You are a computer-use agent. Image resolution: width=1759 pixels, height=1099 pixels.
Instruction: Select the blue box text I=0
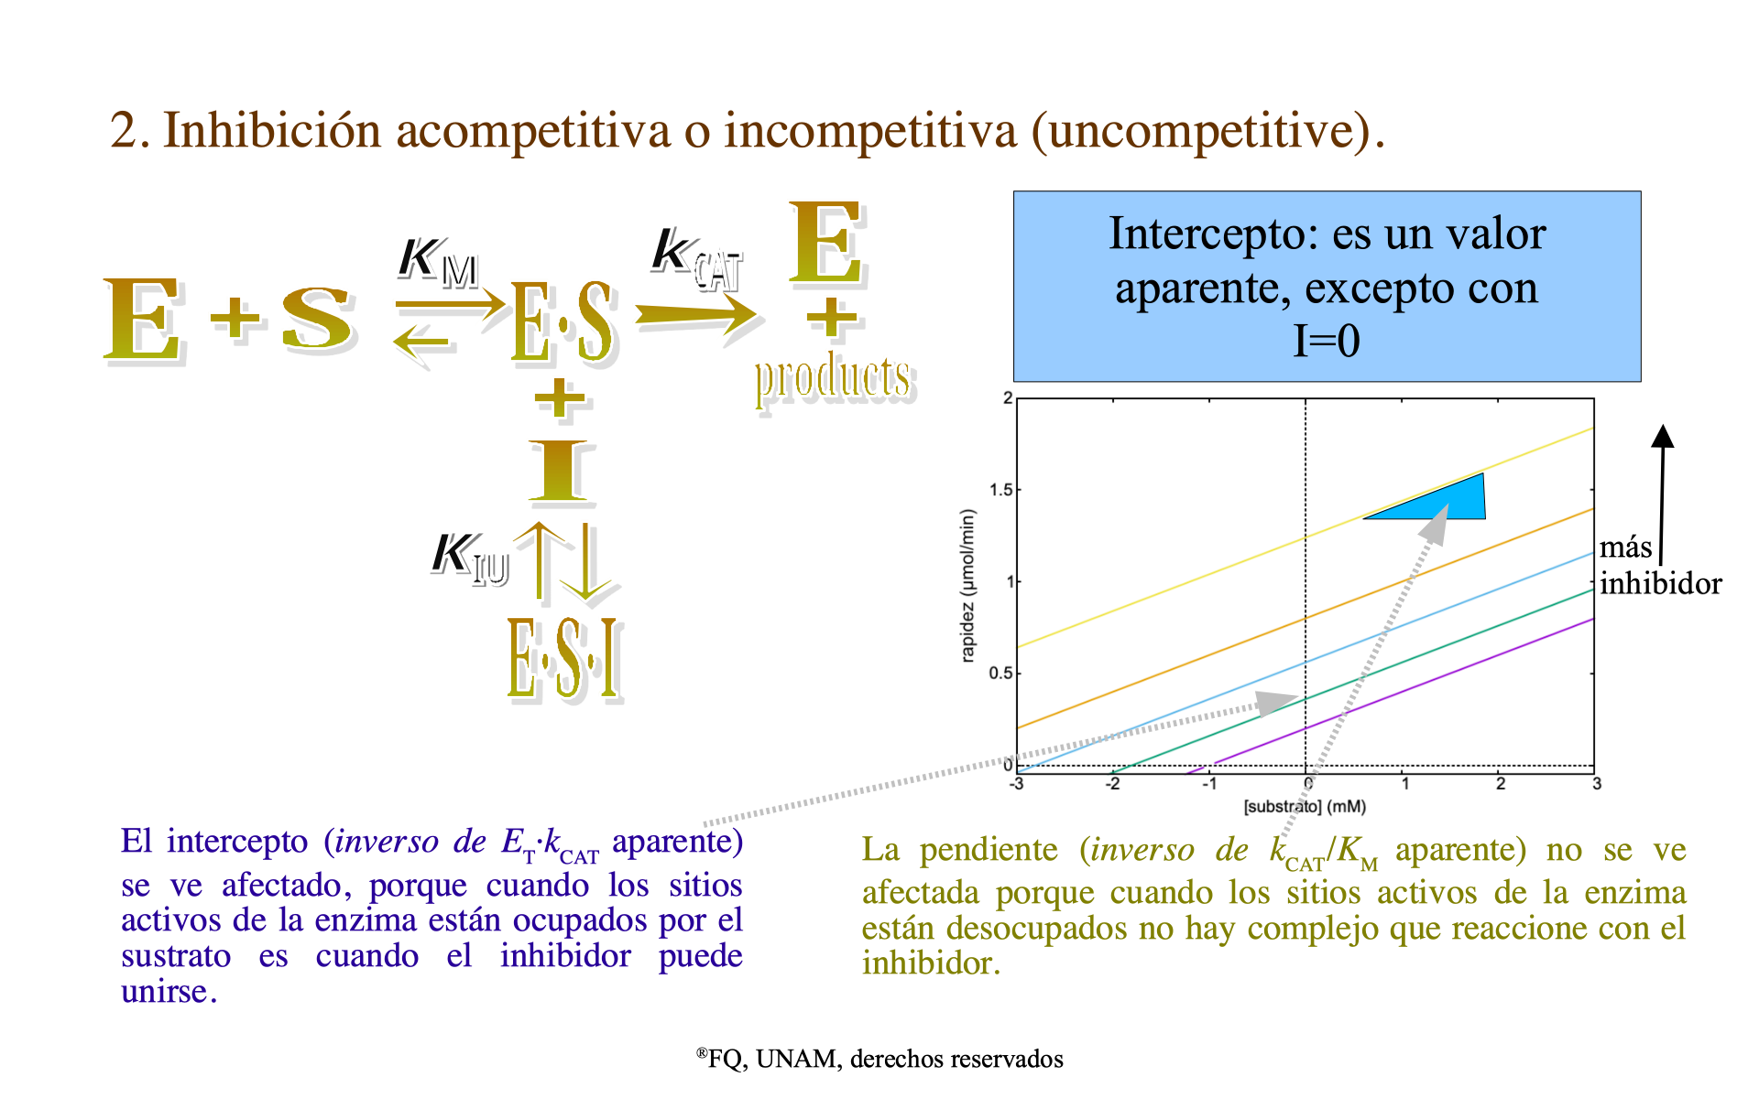(1326, 342)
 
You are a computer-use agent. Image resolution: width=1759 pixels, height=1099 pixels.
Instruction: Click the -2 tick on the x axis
(1112, 784)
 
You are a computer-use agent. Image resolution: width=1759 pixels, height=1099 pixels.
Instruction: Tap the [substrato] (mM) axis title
(1305, 807)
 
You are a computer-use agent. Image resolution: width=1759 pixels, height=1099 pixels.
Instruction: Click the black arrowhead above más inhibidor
(1663, 436)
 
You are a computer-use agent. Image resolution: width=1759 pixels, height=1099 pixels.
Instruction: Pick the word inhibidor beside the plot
(1660, 583)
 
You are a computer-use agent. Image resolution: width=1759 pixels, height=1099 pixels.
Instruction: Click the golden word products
(834, 378)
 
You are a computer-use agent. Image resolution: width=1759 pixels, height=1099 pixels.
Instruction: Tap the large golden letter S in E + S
(317, 319)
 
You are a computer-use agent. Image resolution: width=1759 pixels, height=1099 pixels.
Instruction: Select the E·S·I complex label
(565, 659)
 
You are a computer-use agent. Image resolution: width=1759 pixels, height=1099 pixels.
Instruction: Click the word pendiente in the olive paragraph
(989, 850)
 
